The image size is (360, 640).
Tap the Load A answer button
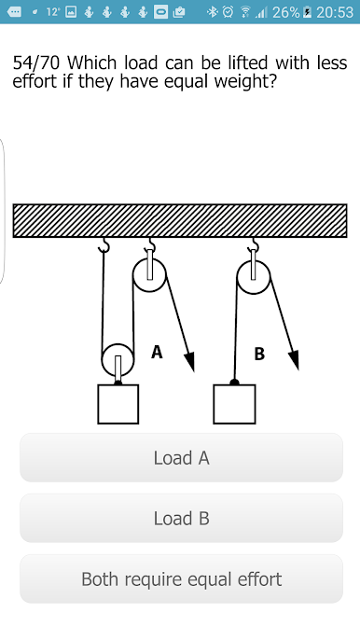tap(181, 457)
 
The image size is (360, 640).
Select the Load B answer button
tap(181, 518)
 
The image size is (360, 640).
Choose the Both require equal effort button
tap(181, 578)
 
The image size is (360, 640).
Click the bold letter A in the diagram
tap(157, 352)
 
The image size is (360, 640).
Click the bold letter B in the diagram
tap(259, 354)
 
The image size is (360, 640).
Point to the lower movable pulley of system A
tap(118, 359)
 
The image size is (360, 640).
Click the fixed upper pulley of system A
tap(149, 274)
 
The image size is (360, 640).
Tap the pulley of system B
tap(254, 277)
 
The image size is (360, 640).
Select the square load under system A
tap(118, 404)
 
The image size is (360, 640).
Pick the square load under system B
tap(234, 404)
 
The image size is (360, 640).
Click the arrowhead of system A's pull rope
tap(189, 361)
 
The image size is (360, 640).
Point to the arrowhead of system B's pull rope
tap(294, 360)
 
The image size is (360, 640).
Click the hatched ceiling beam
tap(180, 220)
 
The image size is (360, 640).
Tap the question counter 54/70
tap(36, 63)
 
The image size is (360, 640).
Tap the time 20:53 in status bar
tap(335, 13)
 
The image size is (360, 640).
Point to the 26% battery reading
tap(286, 13)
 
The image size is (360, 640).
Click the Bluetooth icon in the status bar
tap(213, 12)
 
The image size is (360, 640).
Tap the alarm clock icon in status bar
tap(228, 12)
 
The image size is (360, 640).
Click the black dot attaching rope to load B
tap(234, 383)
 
